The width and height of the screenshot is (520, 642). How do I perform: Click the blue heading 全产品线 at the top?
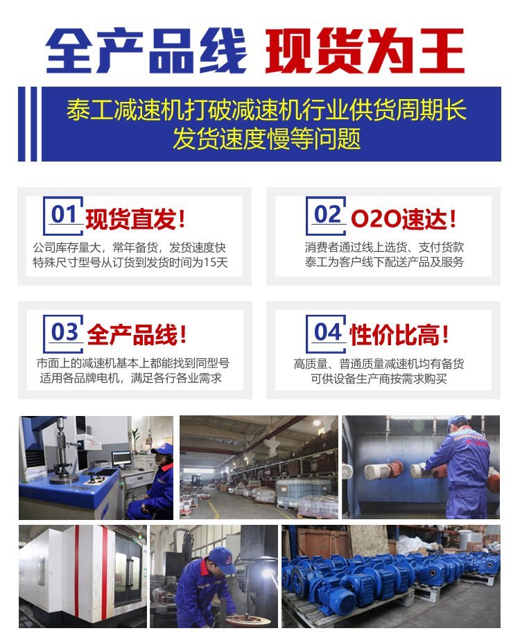click(x=146, y=51)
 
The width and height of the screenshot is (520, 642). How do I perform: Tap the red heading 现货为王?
click(x=365, y=51)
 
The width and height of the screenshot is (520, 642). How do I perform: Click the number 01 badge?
click(x=64, y=216)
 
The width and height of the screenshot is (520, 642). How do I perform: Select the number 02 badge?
click(x=327, y=216)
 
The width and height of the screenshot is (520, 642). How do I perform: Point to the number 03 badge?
click(x=64, y=333)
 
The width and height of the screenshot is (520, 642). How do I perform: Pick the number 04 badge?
click(x=327, y=333)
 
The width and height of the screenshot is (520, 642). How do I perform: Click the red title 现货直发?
click(x=135, y=218)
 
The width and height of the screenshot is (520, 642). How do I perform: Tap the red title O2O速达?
click(x=404, y=218)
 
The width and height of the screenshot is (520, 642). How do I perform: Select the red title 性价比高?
click(x=399, y=334)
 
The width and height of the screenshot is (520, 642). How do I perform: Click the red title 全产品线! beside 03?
click(x=137, y=334)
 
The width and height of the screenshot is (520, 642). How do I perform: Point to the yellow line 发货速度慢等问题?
click(x=266, y=139)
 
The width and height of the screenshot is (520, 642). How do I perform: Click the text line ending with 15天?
click(x=130, y=262)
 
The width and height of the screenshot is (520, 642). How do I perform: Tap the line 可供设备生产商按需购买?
click(x=379, y=379)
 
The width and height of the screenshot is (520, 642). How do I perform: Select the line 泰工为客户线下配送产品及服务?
click(x=384, y=261)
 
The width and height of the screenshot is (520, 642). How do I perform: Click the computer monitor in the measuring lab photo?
click(x=121, y=458)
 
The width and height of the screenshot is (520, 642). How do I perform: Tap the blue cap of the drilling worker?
click(x=221, y=560)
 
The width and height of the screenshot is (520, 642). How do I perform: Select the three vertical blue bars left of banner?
click(x=28, y=123)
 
